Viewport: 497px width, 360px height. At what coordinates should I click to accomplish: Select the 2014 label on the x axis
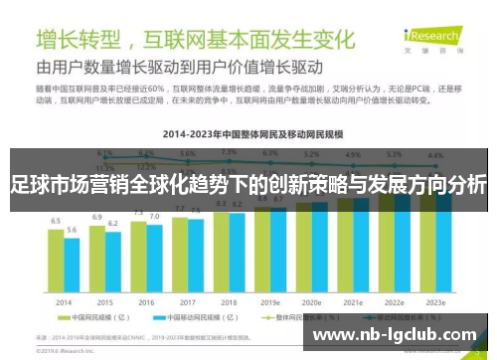(x=64, y=302)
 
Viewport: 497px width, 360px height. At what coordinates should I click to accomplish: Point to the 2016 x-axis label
(x=146, y=302)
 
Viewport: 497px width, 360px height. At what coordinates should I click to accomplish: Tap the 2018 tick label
(x=229, y=302)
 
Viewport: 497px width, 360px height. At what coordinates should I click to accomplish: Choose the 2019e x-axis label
(x=270, y=302)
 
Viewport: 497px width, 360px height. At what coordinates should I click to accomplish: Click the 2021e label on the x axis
(x=353, y=302)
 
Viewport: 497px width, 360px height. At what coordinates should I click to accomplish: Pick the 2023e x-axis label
(x=435, y=302)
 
